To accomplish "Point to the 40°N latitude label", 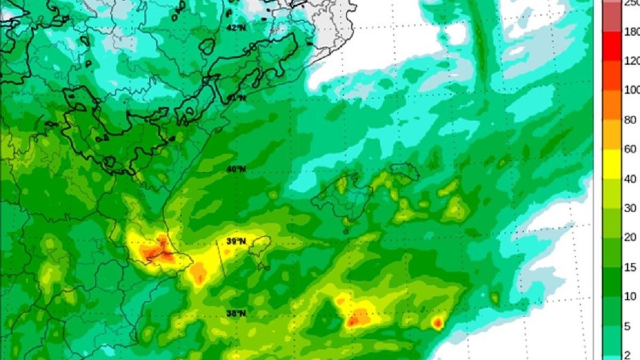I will (236, 170).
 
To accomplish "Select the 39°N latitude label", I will (236, 241).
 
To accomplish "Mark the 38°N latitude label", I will (236, 313).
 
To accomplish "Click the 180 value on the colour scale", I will (631, 32).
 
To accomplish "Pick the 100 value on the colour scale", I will (631, 90).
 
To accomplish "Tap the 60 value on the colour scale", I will (630, 149).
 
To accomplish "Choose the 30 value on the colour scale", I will (630, 208).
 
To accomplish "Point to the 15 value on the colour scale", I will (630, 267).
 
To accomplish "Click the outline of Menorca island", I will (404, 171).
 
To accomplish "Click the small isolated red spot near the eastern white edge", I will (437, 322).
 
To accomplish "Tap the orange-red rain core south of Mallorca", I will (358, 318).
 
